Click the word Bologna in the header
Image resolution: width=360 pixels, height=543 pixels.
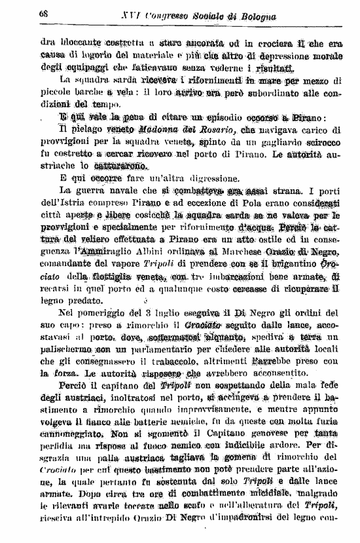tap(255, 15)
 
